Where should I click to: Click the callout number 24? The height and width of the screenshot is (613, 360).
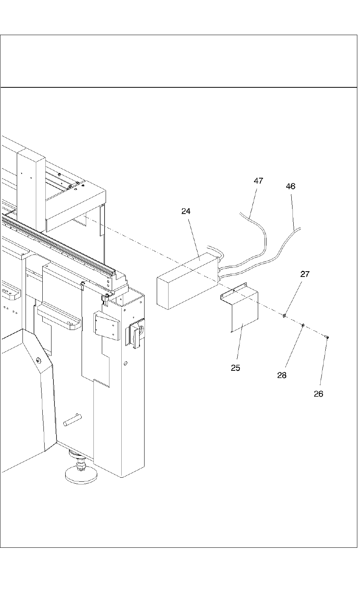pos(186,211)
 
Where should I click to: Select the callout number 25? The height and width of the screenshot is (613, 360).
pos(235,368)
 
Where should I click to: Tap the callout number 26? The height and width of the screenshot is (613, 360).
pos(318,394)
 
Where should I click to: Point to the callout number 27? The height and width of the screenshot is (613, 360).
pos(305,274)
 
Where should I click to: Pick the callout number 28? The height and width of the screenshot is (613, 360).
pos(282,375)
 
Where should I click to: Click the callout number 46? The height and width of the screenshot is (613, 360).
pos(291,186)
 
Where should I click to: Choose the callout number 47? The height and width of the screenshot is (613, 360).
pos(258,181)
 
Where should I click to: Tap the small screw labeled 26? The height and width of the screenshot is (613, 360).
pos(327,337)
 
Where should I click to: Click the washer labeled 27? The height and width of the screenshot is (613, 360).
pos(285,316)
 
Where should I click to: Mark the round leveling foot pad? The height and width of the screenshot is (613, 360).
pos(81,475)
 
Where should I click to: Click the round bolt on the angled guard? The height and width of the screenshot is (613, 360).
pos(39,360)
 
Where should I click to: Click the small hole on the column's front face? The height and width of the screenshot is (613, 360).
pos(125,364)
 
